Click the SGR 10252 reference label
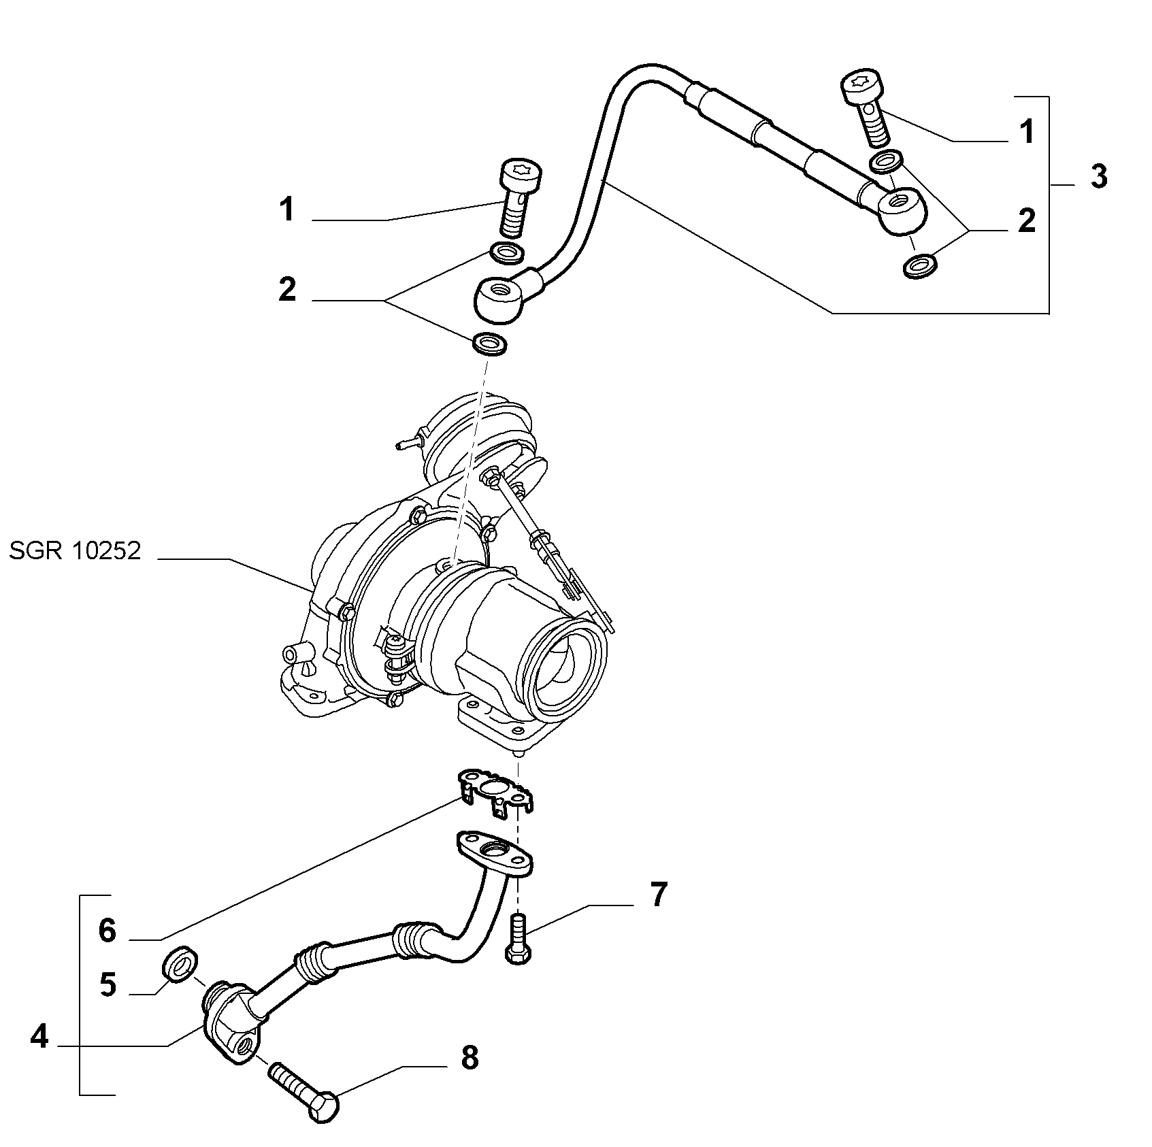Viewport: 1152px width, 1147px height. tap(75, 550)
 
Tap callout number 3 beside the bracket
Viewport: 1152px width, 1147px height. tap(1098, 177)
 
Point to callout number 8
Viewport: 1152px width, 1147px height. tap(470, 1078)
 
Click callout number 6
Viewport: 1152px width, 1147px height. tap(108, 930)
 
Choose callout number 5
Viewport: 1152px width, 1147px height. tap(108, 984)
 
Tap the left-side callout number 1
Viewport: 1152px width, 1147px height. tap(289, 209)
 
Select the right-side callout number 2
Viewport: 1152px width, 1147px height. tap(1027, 221)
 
